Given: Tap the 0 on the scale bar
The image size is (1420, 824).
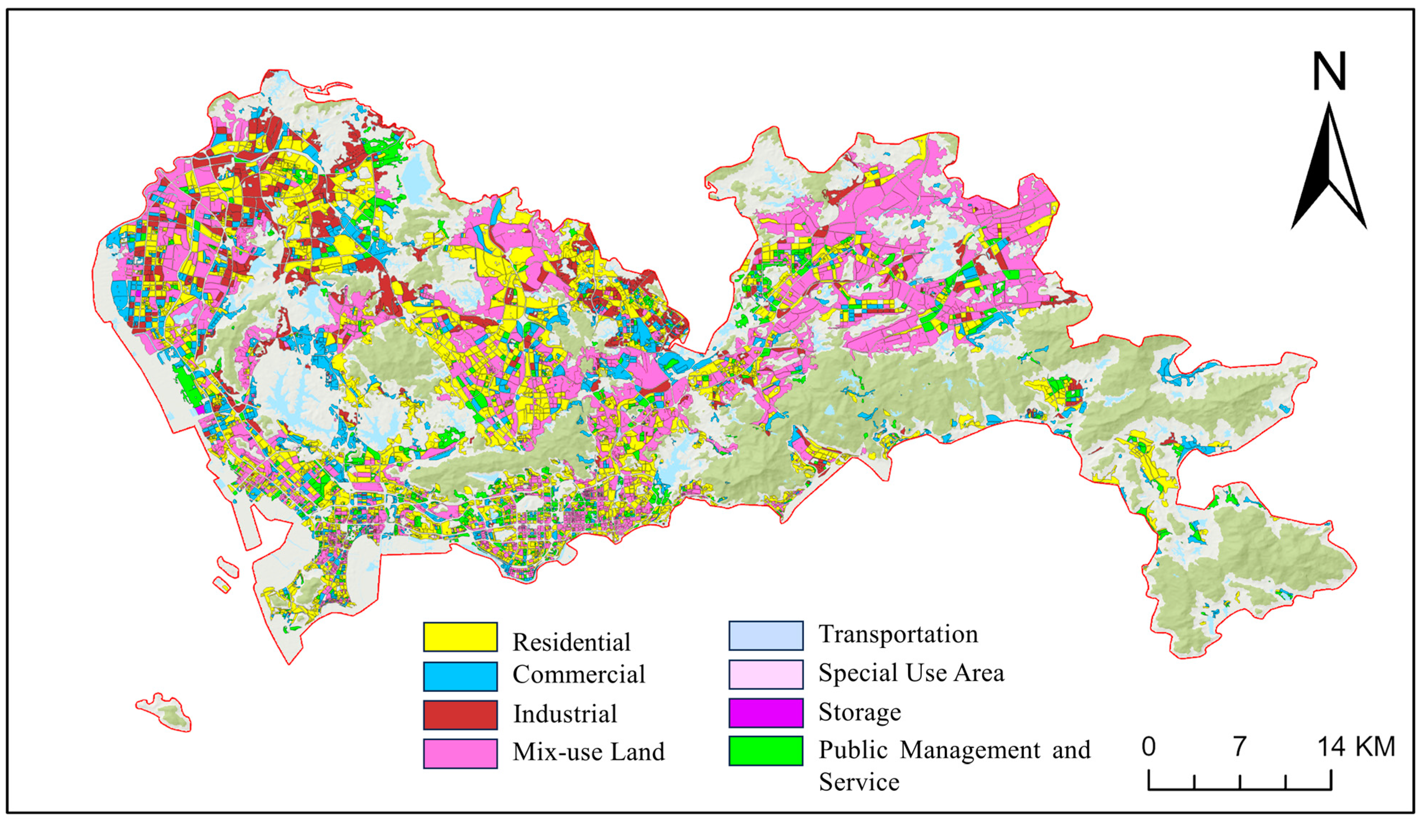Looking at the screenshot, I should [1148, 747].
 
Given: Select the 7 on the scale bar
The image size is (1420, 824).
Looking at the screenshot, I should [1239, 747].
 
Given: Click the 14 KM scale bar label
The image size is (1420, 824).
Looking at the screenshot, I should [1356, 747].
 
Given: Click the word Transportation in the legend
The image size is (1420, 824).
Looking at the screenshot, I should [898, 634].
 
